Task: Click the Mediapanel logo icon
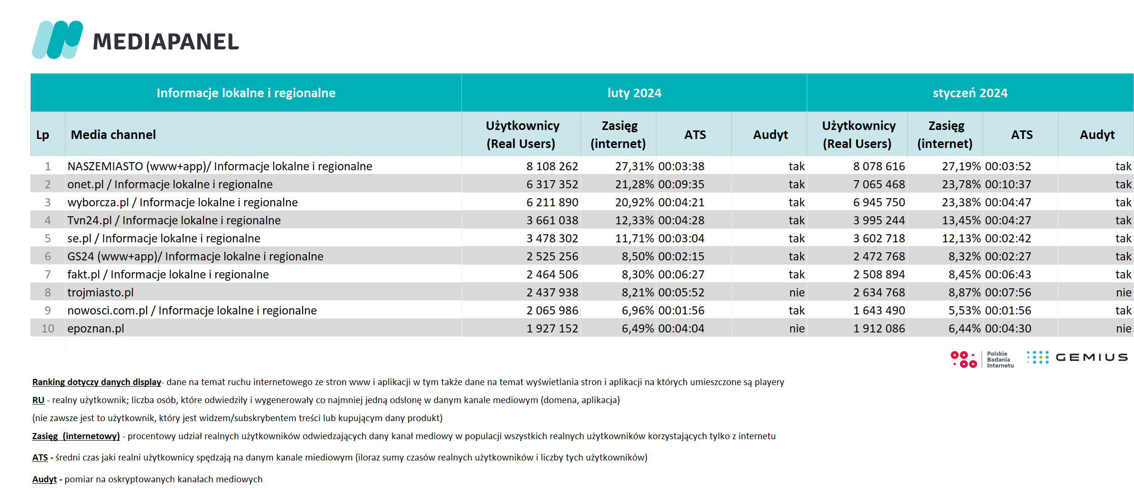[x=57, y=40]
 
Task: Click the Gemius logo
[x=1078, y=358]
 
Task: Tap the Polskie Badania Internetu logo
[x=982, y=359]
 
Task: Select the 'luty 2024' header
[x=634, y=93]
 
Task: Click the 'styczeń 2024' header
[x=970, y=93]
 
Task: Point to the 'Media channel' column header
[x=113, y=135]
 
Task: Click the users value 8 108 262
[x=552, y=166]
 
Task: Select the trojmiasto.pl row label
[x=101, y=293]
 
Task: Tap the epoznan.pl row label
[x=96, y=329]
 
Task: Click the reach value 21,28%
[x=634, y=184]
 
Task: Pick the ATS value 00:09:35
[x=681, y=184]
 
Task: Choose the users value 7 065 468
[x=879, y=184]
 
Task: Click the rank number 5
[x=47, y=239]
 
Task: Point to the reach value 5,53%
[x=964, y=311]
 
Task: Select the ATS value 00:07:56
[x=1008, y=293]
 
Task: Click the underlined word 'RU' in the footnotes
[x=38, y=400]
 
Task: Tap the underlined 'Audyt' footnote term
[x=45, y=479]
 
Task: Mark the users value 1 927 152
[x=552, y=329]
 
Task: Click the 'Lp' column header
[x=43, y=135]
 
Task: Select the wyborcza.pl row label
[x=183, y=203]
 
